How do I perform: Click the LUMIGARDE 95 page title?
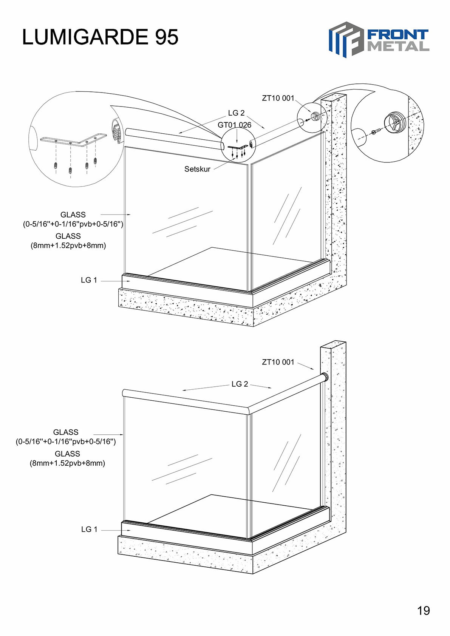(100, 37)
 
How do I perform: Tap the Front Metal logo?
(379, 40)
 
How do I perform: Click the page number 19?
(424, 610)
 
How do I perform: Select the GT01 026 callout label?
(234, 125)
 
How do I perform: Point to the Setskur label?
(198, 169)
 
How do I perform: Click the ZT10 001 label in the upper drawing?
(278, 98)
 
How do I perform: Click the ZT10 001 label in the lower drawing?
(278, 362)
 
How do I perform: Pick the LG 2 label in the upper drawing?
(237, 113)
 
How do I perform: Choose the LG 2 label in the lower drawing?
(240, 384)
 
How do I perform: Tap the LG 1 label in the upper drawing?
(89, 280)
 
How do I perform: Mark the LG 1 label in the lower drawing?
(89, 529)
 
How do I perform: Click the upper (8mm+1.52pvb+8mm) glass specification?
(68, 245)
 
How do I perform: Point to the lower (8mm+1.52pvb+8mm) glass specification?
(67, 463)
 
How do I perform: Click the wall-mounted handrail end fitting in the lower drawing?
(325, 377)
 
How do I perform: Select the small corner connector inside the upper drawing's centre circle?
(238, 147)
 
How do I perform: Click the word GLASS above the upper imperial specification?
(73, 215)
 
